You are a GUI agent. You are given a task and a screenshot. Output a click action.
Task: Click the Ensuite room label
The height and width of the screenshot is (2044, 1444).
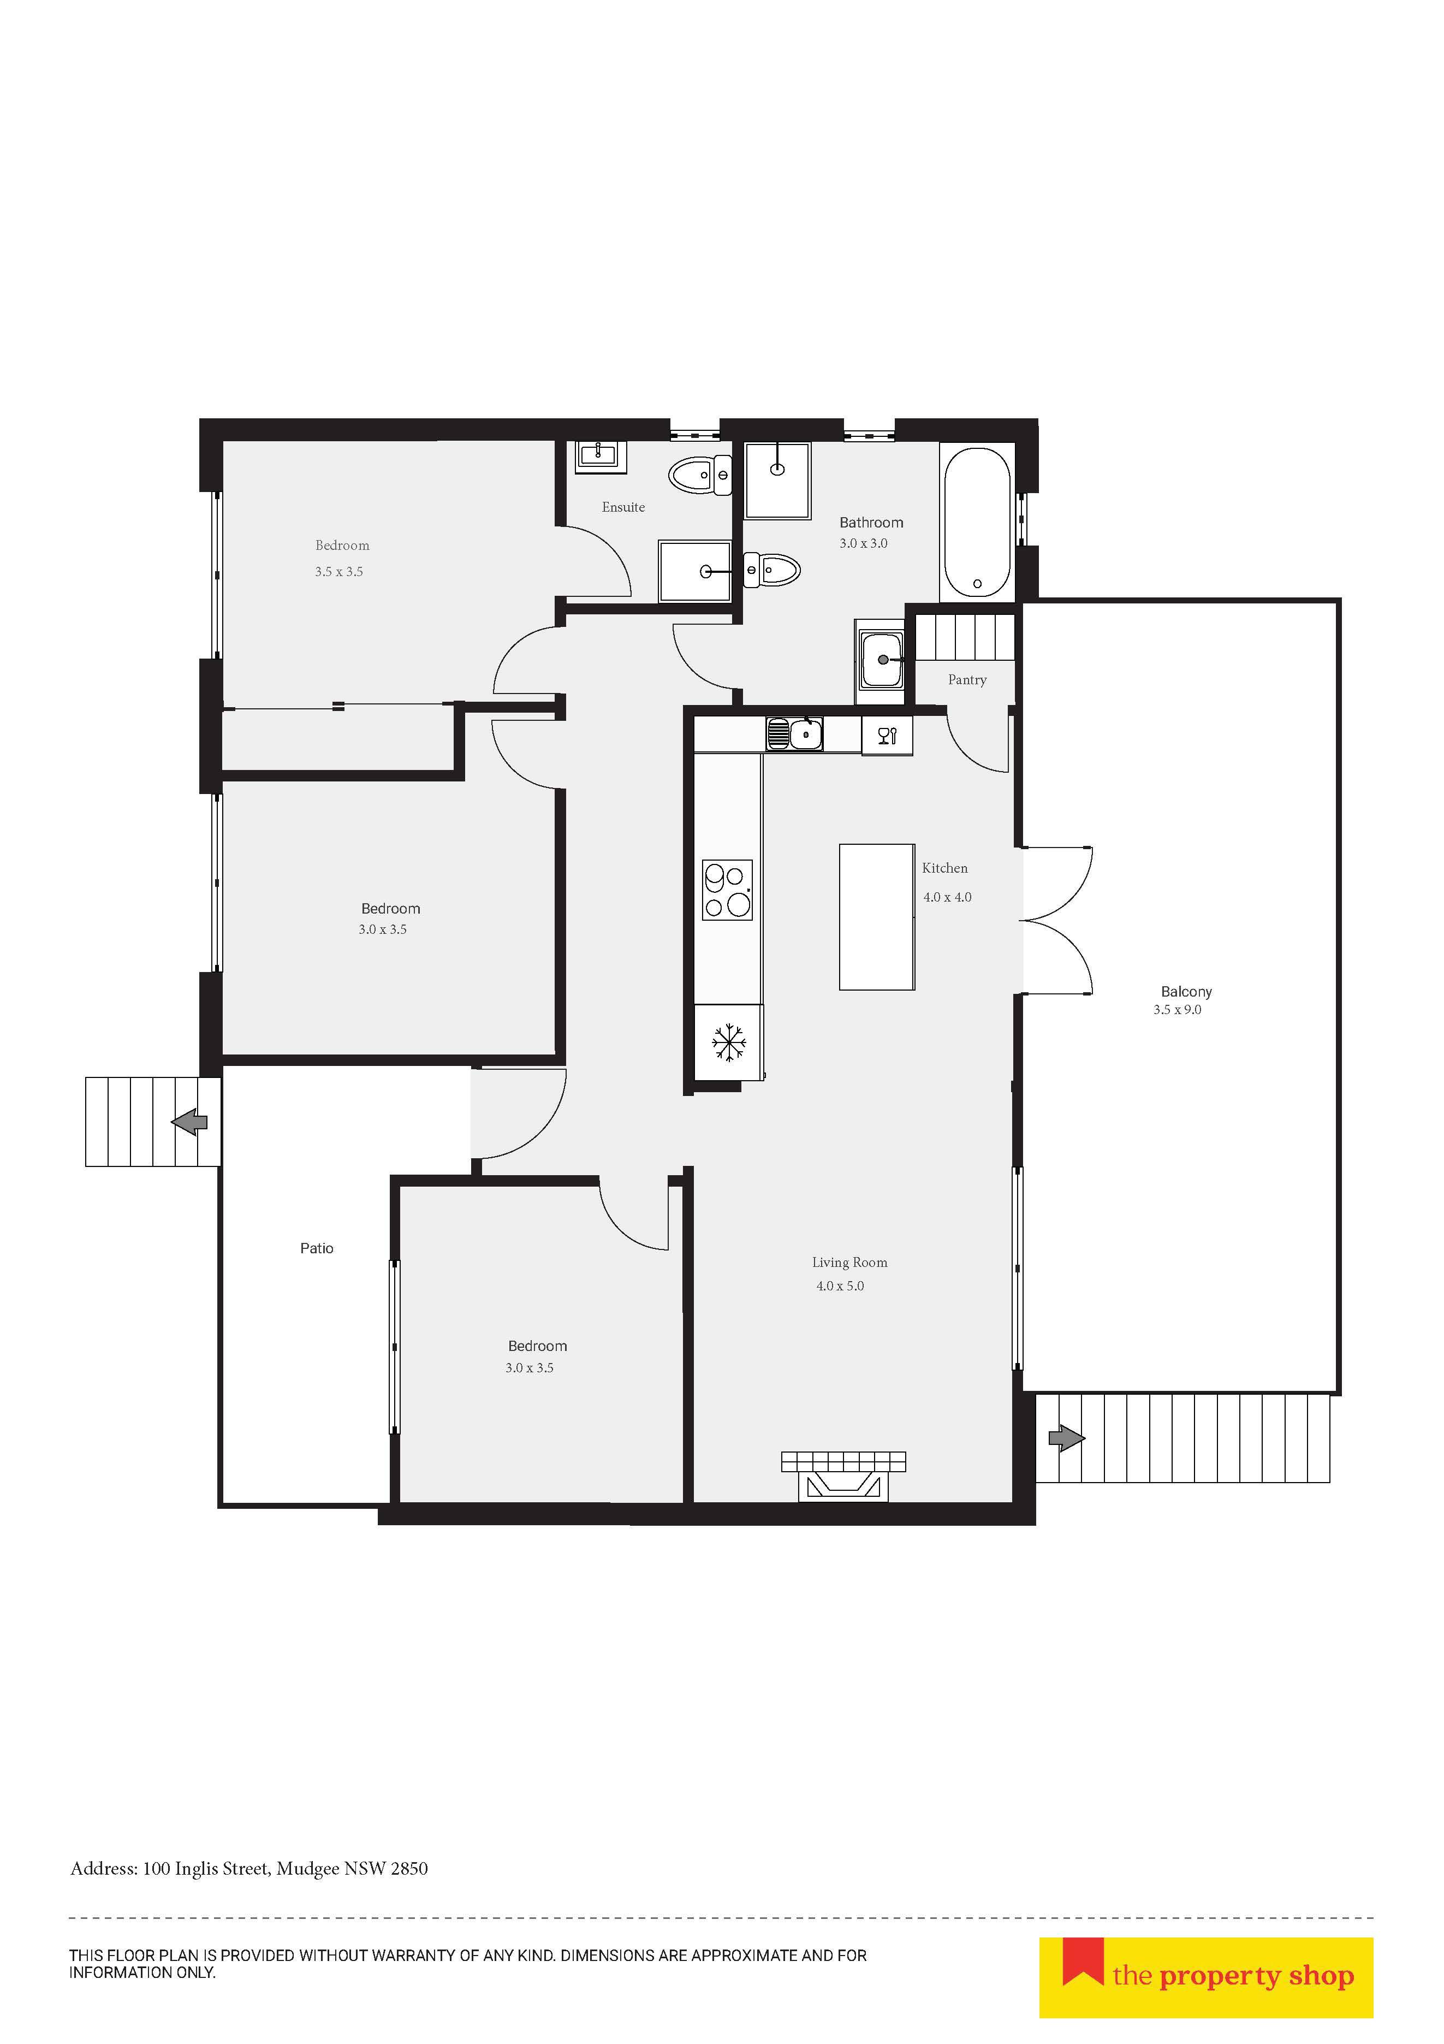coord(623,507)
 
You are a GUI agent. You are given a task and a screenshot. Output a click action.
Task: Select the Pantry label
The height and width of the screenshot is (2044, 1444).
coord(967,680)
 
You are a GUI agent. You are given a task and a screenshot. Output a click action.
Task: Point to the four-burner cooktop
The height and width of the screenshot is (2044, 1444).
coord(727,890)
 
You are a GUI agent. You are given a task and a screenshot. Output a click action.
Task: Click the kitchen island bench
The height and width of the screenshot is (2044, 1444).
coord(877,917)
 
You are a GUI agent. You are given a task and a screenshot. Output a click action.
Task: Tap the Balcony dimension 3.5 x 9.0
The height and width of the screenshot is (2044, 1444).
coord(1177,1010)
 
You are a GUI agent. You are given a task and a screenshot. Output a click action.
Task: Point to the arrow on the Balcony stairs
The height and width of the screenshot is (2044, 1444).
coord(1067,1438)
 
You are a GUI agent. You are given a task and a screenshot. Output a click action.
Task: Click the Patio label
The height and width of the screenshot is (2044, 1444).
coord(317,1249)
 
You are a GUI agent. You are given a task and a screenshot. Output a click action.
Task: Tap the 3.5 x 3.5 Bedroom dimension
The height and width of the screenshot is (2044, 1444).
coord(338,572)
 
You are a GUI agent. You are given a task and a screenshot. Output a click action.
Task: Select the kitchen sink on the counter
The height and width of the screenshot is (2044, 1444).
coord(795,734)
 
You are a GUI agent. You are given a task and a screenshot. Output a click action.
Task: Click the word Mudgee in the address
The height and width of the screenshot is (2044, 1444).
coord(307,1869)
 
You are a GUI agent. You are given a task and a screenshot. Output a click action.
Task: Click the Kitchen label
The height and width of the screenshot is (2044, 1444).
coord(944,868)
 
